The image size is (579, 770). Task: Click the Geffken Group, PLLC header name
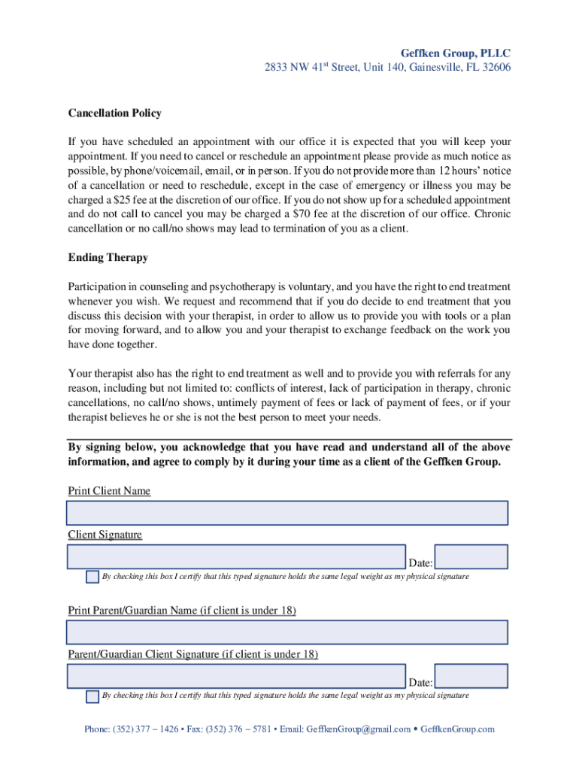point(455,53)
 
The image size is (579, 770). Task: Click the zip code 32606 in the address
point(494,68)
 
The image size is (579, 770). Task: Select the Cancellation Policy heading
point(114,114)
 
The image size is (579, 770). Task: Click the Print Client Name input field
point(287,513)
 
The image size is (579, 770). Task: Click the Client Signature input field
point(236,556)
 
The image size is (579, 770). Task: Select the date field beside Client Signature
point(471,556)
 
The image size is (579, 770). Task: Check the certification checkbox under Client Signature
point(92,577)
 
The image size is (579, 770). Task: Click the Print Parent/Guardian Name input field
point(287,632)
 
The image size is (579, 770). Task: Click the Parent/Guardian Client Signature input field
point(236,676)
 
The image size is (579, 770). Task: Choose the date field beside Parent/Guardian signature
point(471,676)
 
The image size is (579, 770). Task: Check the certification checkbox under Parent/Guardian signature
point(92,696)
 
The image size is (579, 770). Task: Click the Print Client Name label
point(109,491)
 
